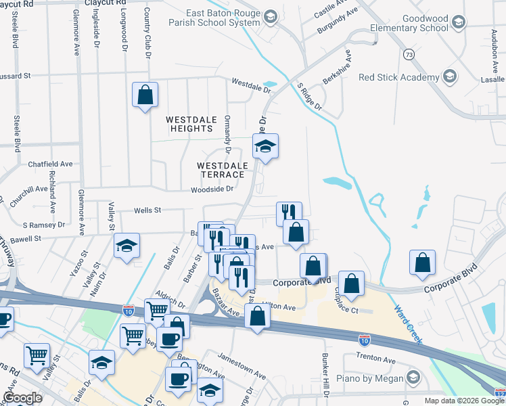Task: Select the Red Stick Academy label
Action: point(398,77)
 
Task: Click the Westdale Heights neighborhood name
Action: point(191,124)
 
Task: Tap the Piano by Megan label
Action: point(372,378)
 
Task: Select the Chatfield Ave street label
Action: point(49,164)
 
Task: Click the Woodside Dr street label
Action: point(210,189)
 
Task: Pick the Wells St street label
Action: point(147,210)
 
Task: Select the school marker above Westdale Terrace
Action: point(266,145)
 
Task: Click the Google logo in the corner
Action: point(22,398)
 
